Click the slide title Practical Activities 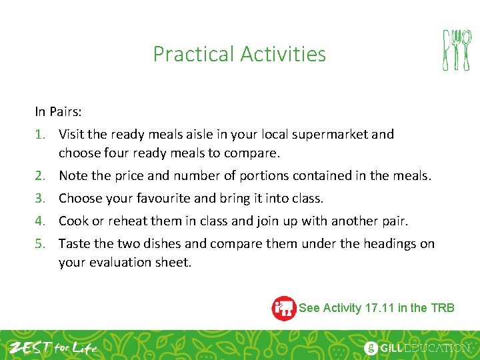coord(239,54)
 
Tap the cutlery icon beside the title coord(457,50)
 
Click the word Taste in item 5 coord(74,244)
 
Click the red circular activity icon coord(284,308)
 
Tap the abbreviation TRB coord(443,308)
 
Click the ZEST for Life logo coord(53,347)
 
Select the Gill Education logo coord(417,347)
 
